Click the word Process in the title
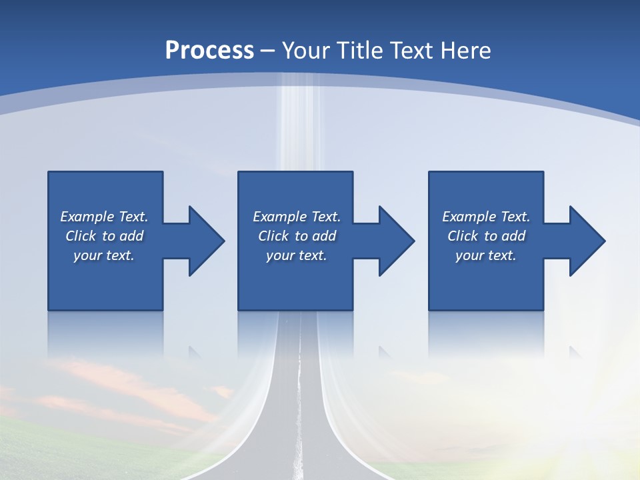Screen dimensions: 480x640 [209, 50]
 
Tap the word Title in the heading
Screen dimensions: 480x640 [360, 50]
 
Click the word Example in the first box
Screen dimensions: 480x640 [87, 217]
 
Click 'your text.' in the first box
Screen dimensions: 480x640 [104, 255]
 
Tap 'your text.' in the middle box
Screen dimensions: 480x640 [297, 255]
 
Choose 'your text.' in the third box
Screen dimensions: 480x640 [486, 255]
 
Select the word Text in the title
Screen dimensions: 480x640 [410, 50]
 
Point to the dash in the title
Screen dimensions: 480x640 [268, 51]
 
